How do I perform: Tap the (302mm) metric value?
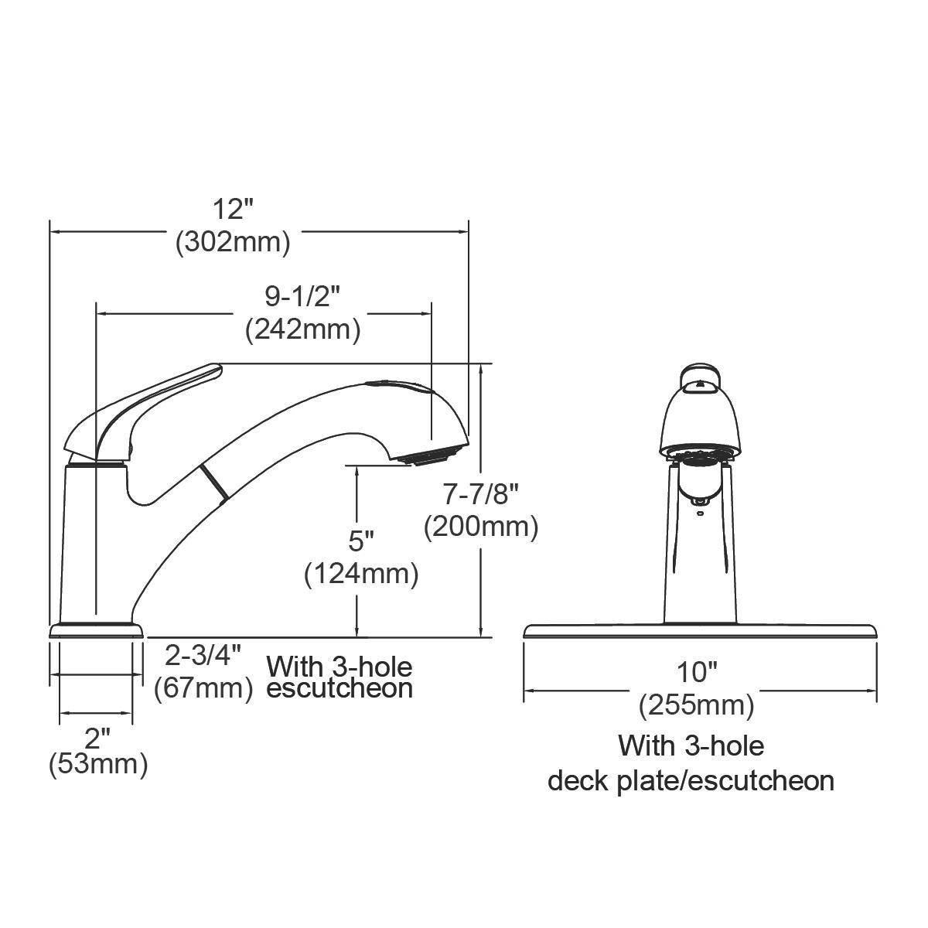[234, 242]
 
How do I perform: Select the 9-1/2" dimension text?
[302, 297]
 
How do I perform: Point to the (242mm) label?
[302, 329]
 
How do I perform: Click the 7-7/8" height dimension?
[480, 493]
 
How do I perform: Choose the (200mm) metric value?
[480, 527]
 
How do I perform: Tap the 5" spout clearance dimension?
[361, 541]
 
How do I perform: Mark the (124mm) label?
[361, 575]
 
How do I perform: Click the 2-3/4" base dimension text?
[203, 656]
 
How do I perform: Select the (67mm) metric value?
[203, 687]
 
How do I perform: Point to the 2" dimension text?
[97, 739]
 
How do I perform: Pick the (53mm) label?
[97, 766]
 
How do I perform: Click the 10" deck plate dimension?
[699, 673]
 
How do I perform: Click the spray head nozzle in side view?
[424, 458]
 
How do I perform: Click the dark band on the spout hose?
[215, 484]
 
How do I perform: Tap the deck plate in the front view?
[700, 631]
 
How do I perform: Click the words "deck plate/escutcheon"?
[691, 780]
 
